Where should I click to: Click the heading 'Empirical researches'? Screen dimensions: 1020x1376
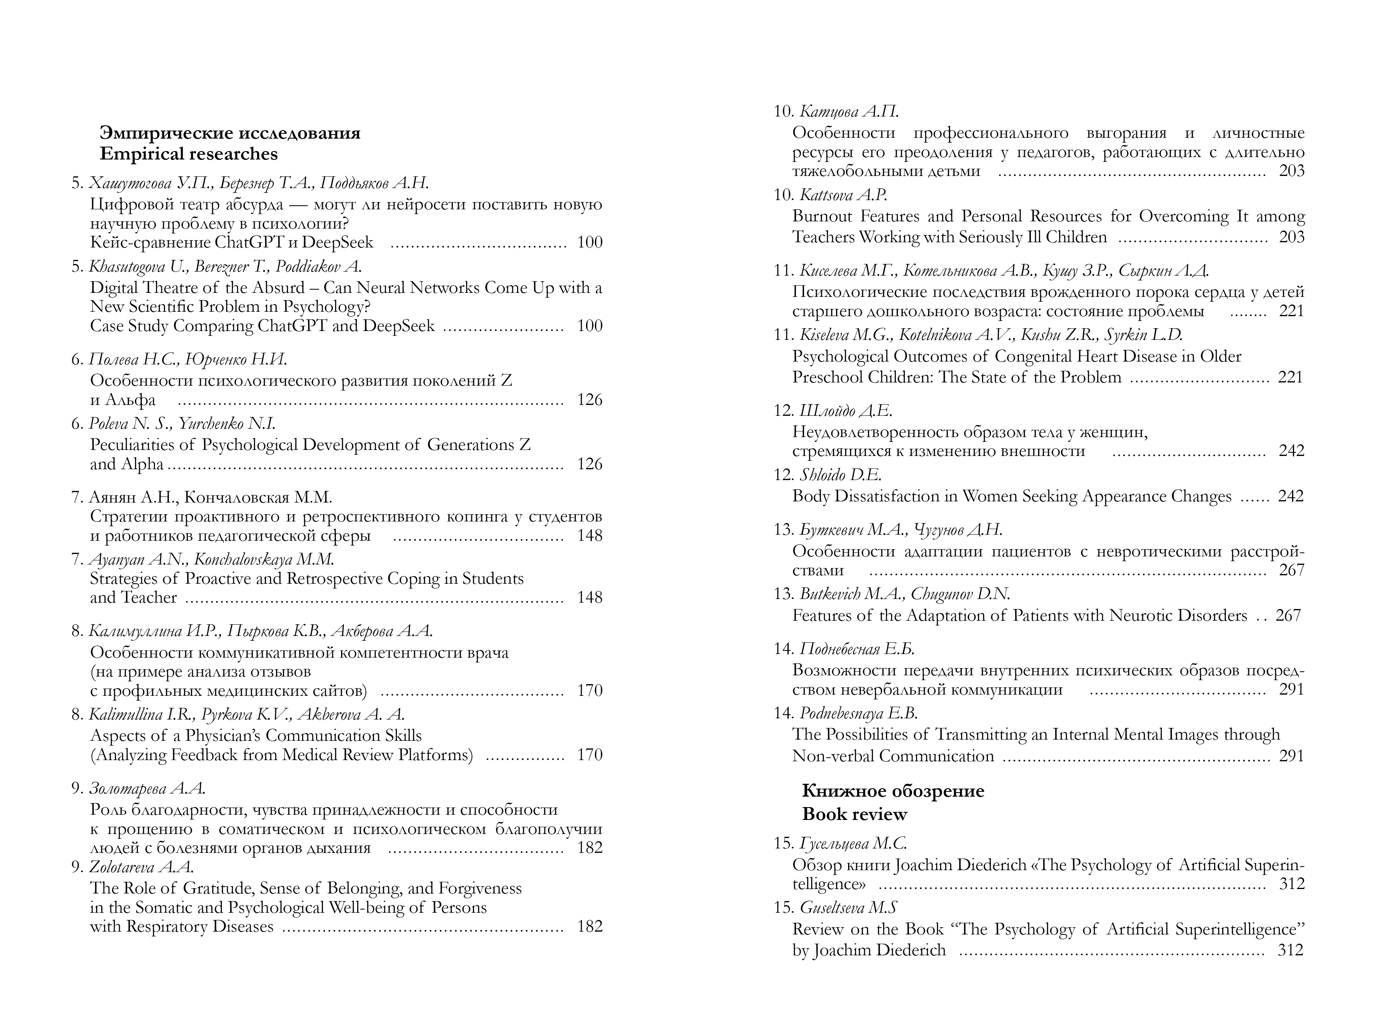click(188, 154)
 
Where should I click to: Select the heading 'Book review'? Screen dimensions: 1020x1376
click(855, 814)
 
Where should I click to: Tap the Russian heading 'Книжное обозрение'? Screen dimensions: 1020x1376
click(893, 791)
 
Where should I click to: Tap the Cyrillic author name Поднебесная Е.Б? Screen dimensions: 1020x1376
click(857, 649)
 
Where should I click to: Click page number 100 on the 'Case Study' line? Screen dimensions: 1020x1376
click(589, 326)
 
